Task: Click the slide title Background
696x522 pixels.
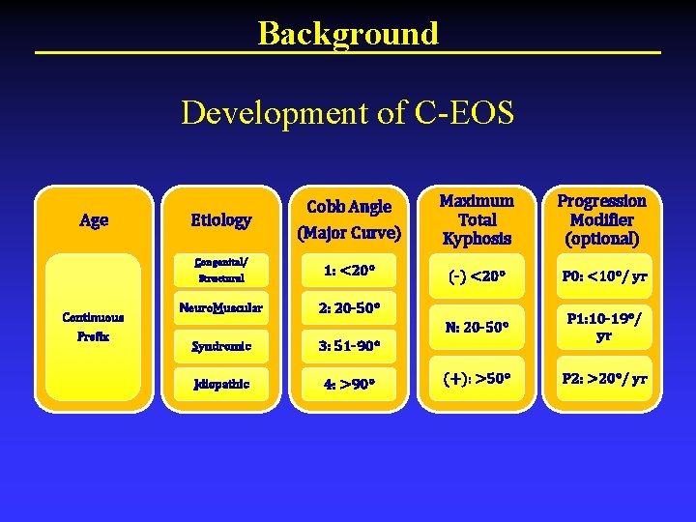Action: coord(347,33)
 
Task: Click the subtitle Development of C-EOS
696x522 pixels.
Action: coord(347,113)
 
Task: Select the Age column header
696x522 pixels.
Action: coord(94,220)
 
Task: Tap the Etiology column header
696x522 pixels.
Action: coord(220,220)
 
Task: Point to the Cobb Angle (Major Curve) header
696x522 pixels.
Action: coord(349,219)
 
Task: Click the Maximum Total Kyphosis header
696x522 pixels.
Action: coord(476,219)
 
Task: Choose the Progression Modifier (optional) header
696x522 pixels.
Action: coord(602,219)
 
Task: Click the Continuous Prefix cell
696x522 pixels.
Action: coord(93,327)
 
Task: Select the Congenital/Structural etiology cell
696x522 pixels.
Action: coord(220,270)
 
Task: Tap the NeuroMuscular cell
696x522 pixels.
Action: coord(220,308)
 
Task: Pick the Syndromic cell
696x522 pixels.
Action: coord(220,346)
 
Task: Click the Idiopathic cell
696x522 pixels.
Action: coord(220,384)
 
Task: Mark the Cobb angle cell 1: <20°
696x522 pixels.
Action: coord(349,270)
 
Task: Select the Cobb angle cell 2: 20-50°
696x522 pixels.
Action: coord(349,308)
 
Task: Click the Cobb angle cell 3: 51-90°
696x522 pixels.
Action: coord(349,346)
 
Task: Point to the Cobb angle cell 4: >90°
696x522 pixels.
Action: coord(349,384)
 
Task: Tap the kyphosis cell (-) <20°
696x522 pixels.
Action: coord(476,276)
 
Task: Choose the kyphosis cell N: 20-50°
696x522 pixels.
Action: coord(476,328)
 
